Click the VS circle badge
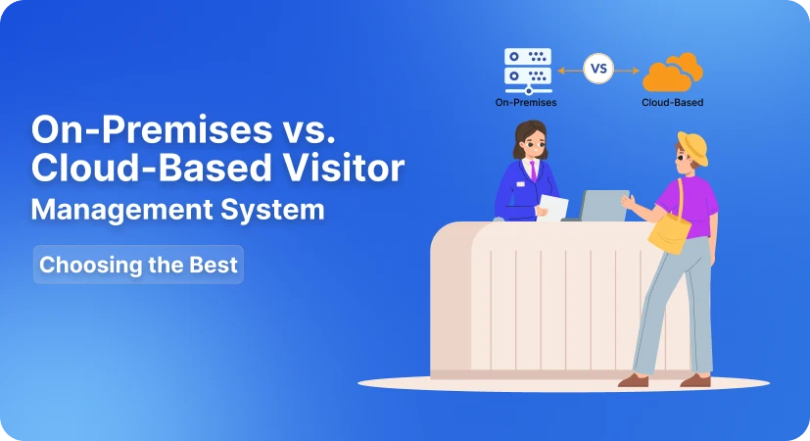click(x=599, y=70)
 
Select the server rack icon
click(x=527, y=68)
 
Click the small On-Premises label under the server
click(x=519, y=102)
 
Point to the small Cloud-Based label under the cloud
click(x=672, y=102)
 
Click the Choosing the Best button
click(x=138, y=265)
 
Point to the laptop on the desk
click(x=603, y=206)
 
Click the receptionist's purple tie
click(x=532, y=171)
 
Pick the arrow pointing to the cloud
click(x=630, y=70)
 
